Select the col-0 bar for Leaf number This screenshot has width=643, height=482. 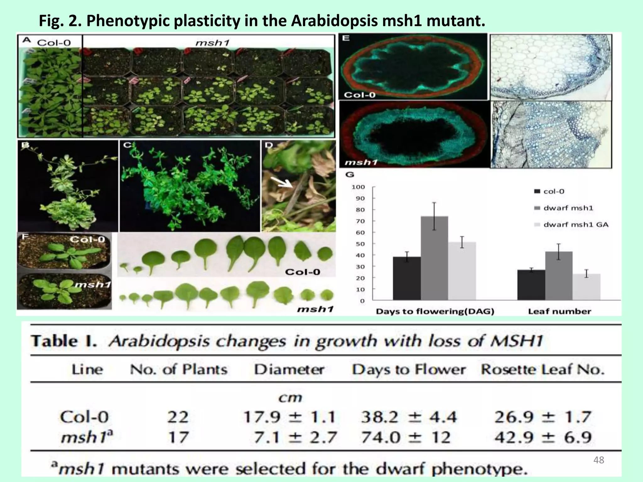[x=531, y=285]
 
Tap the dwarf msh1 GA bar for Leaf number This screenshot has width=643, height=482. [x=586, y=287]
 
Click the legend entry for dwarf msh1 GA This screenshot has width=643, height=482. [x=575, y=225]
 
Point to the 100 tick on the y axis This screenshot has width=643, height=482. [x=358, y=187]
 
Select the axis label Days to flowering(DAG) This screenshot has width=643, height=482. [x=435, y=311]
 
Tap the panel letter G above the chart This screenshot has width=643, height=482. [x=349, y=175]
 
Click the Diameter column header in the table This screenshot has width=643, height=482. [x=289, y=369]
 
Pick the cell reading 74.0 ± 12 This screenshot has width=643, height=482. [x=405, y=437]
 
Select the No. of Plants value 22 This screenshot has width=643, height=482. [x=178, y=417]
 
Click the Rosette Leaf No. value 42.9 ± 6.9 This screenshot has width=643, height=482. [x=543, y=437]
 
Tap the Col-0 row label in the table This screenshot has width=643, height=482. [x=84, y=417]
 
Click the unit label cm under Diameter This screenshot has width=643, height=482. [x=290, y=398]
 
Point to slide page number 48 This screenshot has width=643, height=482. [x=599, y=460]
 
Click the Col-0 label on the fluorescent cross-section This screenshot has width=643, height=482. [x=359, y=95]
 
